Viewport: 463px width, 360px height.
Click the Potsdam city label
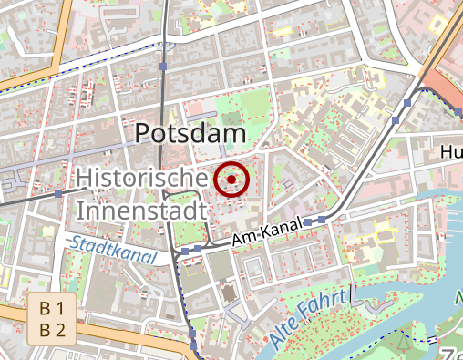190,134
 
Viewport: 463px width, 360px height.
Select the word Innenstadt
141,211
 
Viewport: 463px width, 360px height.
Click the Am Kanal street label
266,234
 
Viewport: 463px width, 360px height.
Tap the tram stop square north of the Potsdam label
163,67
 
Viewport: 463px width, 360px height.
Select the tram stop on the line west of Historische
58,194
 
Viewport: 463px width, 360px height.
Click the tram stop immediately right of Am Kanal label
308,221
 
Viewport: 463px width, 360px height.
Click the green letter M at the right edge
458,298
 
